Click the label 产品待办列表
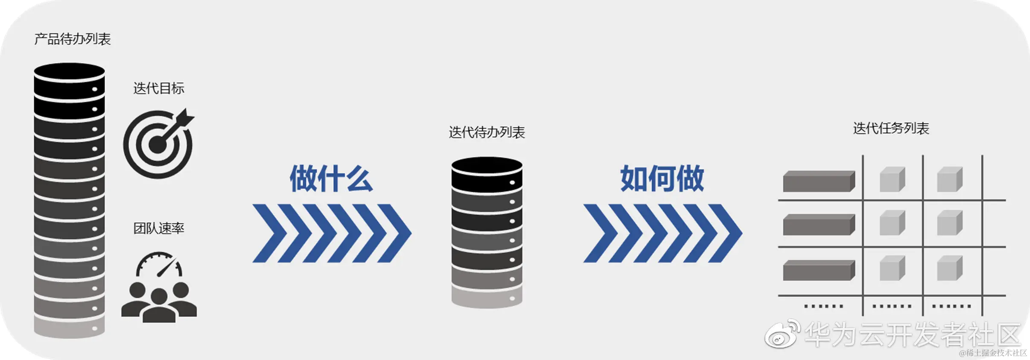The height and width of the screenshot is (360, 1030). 73,39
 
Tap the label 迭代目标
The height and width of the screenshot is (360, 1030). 159,88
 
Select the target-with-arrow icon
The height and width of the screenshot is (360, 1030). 158,143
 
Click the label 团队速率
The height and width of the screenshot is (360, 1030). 159,228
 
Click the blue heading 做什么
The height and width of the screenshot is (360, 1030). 331,179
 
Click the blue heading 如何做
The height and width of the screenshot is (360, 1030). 662,179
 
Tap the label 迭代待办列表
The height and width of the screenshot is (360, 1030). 487,132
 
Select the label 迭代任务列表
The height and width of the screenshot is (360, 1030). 891,128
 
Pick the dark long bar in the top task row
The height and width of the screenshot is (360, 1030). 819,181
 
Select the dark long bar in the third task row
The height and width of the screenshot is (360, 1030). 819,270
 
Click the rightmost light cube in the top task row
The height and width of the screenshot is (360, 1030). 949,179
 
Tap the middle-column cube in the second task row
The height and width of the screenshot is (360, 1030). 892,223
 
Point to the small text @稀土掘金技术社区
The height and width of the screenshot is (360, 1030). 993,353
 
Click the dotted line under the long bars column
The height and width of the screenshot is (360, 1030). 823,306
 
